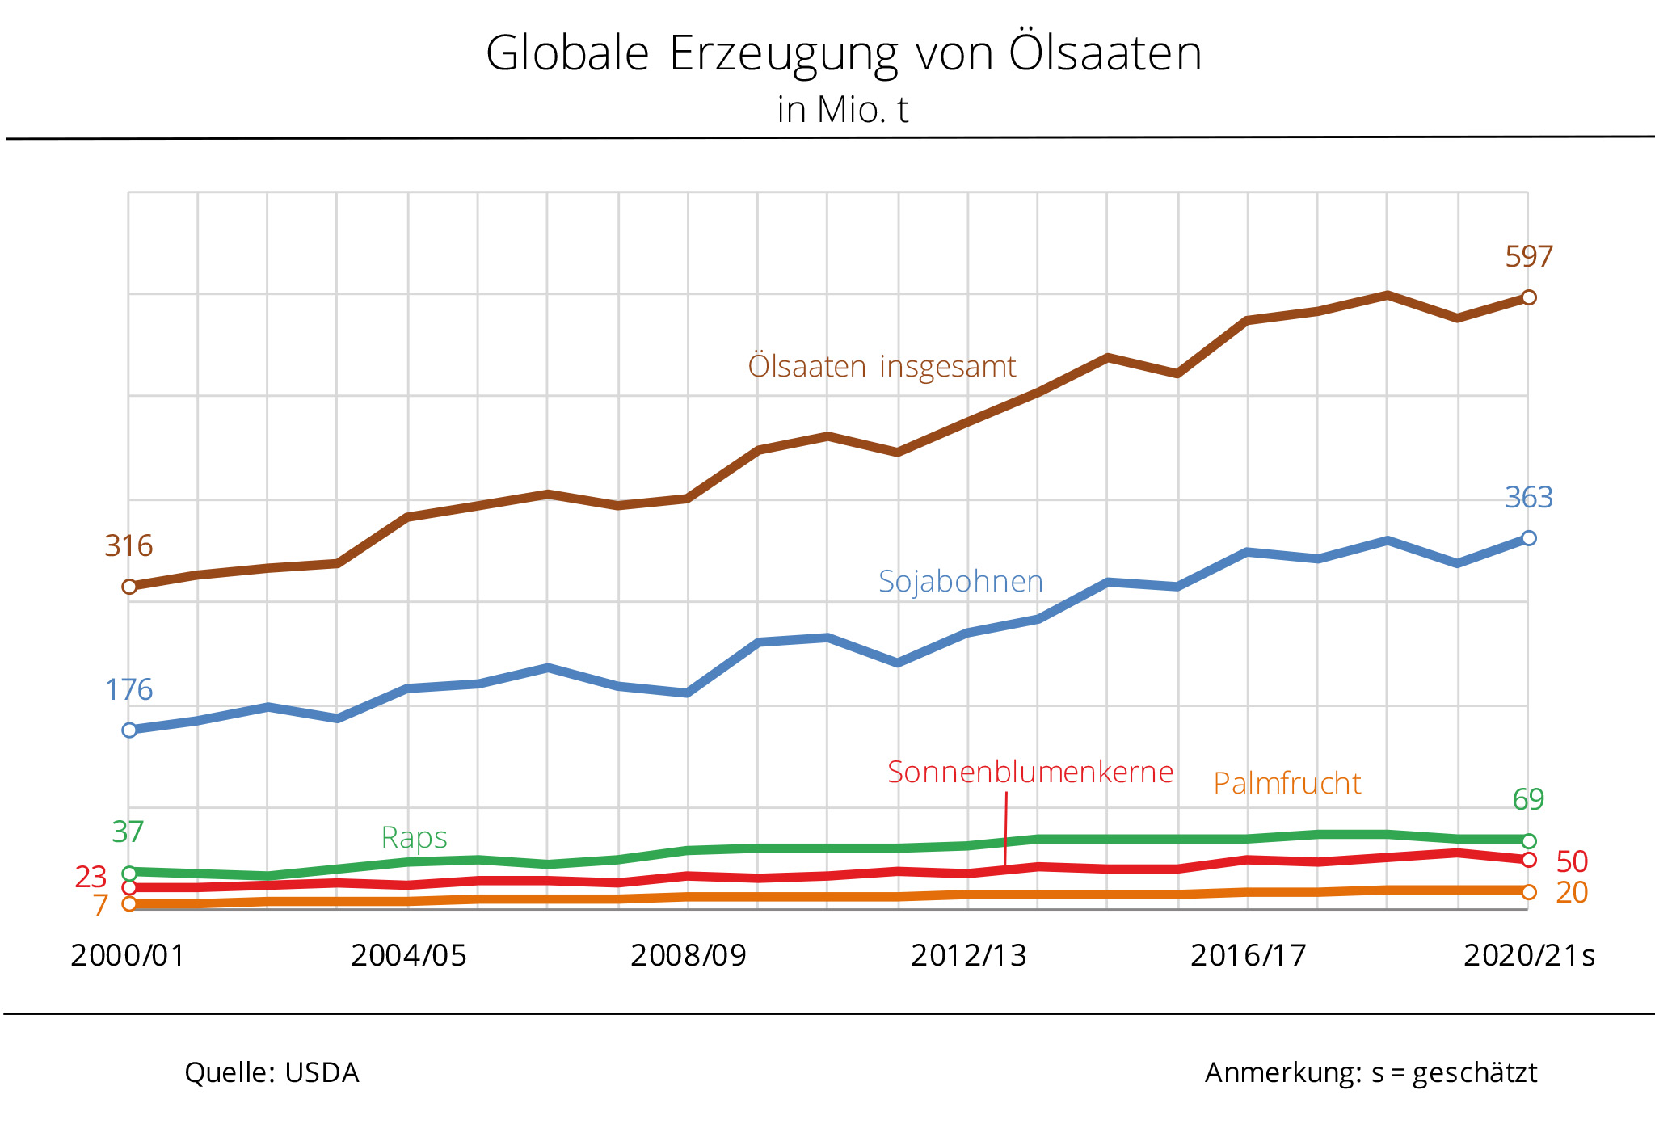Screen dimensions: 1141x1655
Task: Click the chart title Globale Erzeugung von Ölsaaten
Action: (844, 54)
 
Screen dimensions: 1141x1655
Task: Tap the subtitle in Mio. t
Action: (843, 110)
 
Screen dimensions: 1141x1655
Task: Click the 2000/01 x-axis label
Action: (128, 956)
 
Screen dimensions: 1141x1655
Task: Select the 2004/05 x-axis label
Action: (408, 956)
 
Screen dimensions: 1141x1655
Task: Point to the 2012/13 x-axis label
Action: (968, 956)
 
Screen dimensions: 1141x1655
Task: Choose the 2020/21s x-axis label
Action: (1529, 956)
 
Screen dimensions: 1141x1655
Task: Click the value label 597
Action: (1528, 257)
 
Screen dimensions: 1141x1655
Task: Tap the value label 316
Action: (128, 546)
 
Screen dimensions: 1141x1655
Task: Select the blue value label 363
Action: (1528, 498)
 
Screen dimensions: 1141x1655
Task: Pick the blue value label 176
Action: (128, 690)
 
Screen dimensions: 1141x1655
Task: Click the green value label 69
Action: (1528, 800)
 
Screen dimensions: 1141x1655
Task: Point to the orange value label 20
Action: (1572, 893)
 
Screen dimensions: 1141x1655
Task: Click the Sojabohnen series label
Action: (961, 582)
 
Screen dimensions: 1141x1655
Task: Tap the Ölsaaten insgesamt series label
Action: (882, 367)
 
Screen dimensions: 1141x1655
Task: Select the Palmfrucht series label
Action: (1287, 784)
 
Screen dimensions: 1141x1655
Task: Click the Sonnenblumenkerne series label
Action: (1030, 773)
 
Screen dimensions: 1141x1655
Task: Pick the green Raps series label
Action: (414, 838)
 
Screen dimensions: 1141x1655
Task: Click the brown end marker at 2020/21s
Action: (1529, 297)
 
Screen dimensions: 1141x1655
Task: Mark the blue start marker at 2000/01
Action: (129, 730)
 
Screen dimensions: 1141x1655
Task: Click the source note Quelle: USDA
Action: (272, 1073)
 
